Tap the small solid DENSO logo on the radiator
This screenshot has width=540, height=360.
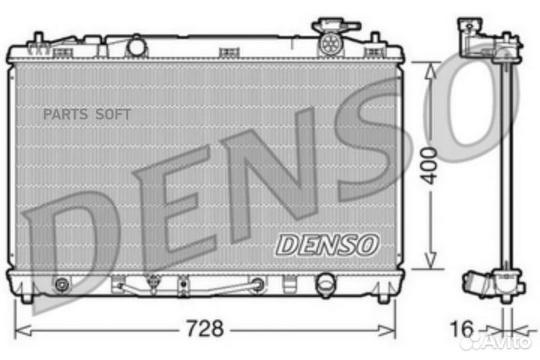tap(328, 244)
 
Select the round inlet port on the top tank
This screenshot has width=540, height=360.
tap(136, 46)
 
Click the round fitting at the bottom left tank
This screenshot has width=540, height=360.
tap(61, 285)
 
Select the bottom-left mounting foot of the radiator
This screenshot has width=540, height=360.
tap(27, 298)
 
